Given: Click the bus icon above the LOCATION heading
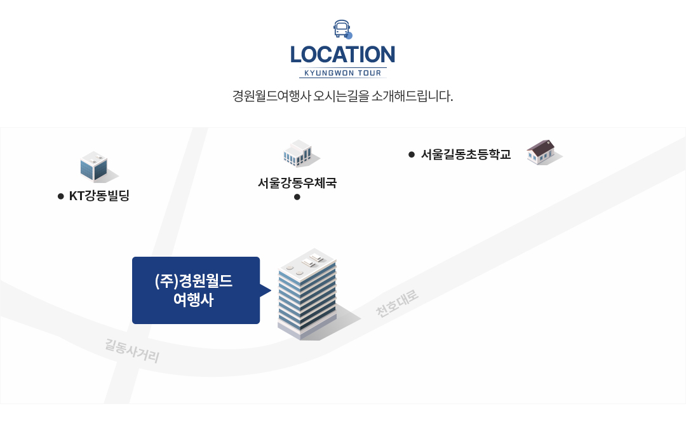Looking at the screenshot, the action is (x=342, y=29).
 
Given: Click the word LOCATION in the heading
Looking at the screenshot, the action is (x=342, y=55).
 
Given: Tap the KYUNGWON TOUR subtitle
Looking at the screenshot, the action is (x=342, y=73).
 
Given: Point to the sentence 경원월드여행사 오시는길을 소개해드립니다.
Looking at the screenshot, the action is (x=342, y=96).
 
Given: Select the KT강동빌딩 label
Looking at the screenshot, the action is (x=99, y=196).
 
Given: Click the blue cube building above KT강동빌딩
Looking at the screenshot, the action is (x=94, y=166).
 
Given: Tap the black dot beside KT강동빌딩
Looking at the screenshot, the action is (x=61, y=196).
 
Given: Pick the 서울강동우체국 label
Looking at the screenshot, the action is (x=297, y=183).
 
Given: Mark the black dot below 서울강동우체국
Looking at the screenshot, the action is (x=297, y=197).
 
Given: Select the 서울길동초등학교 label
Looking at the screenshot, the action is (x=466, y=154).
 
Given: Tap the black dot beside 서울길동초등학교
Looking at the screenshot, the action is (x=411, y=154).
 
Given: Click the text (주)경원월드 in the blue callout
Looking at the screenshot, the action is (x=194, y=281).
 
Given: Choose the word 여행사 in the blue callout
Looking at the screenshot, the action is (x=194, y=300).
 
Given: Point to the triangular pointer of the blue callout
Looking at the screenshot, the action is (x=266, y=290).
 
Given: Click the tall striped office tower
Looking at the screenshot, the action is (x=307, y=294).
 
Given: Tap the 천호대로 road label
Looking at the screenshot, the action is (x=397, y=303).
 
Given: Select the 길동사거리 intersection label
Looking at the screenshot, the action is (x=132, y=350).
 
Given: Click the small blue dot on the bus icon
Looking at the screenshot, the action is (x=349, y=36).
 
